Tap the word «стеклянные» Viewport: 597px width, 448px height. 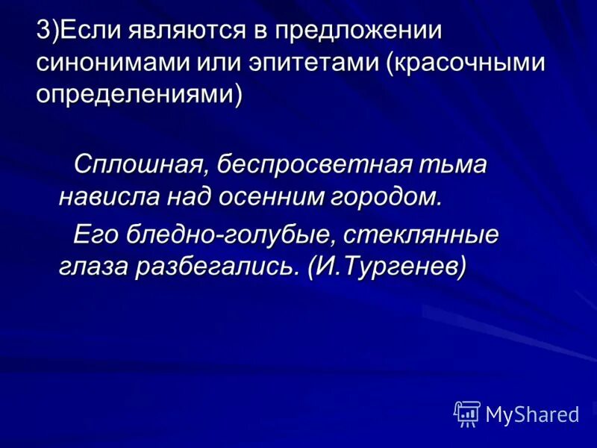coord(422,234)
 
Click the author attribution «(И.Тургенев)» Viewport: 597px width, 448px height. coord(387,267)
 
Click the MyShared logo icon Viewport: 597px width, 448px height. coord(467,414)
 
